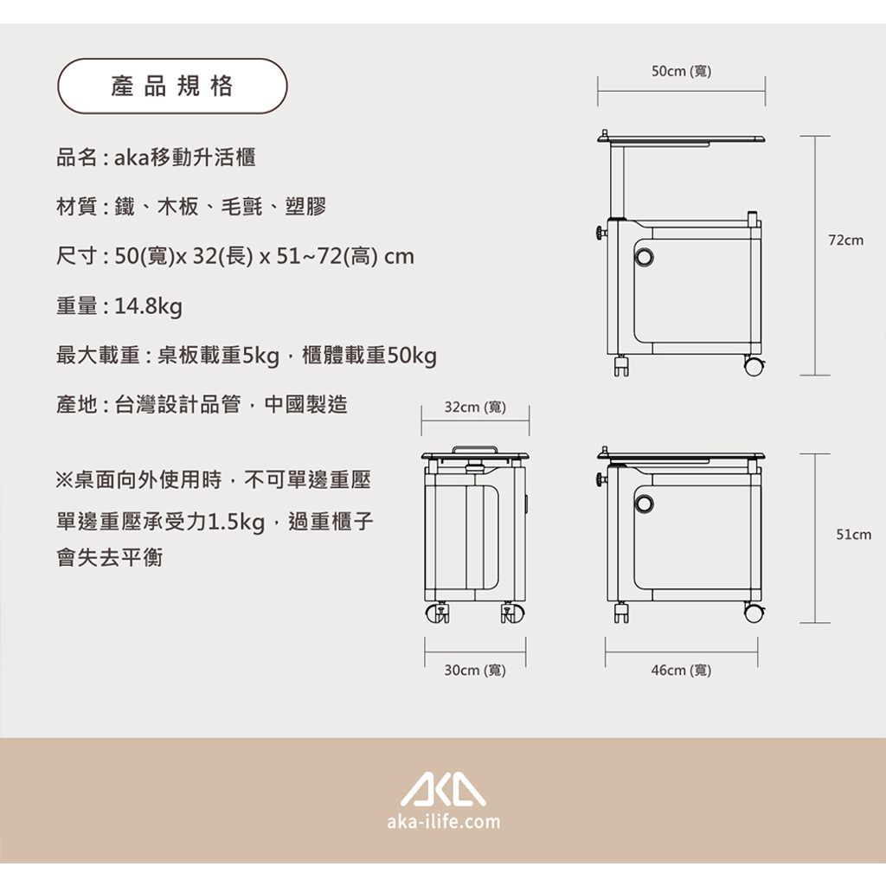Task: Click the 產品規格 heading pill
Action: tap(172, 87)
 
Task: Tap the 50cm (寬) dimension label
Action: tap(682, 71)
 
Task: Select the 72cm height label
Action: tap(846, 241)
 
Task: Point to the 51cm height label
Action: tap(854, 535)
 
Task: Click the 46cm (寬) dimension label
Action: tap(682, 671)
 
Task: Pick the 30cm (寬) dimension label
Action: tap(475, 671)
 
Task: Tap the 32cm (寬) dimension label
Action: tap(475, 407)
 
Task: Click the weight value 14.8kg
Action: tap(149, 306)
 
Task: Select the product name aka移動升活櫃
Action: tap(185, 157)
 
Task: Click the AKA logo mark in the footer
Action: tap(443, 786)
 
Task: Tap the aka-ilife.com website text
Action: tap(444, 821)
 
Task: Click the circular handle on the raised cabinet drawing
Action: tap(643, 258)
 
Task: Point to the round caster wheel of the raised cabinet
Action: tap(754, 366)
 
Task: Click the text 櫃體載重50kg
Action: tap(369, 356)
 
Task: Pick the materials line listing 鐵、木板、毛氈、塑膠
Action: tap(221, 207)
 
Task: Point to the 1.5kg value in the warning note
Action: tap(237, 522)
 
